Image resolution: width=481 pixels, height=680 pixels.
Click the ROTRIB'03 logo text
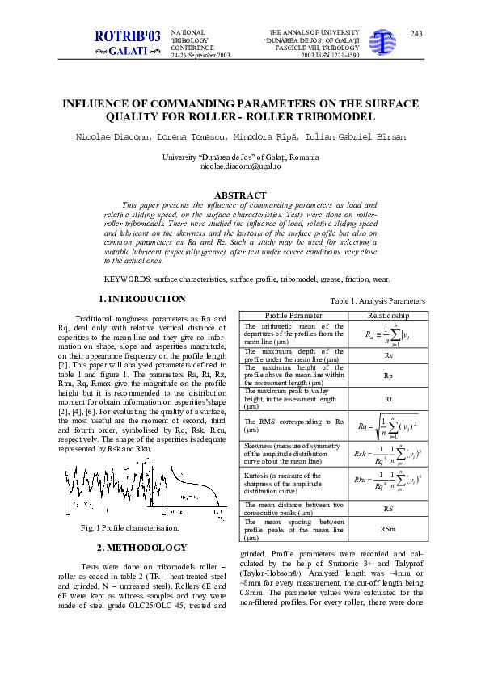pos(128,36)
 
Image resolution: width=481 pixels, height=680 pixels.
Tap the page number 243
pos(416,33)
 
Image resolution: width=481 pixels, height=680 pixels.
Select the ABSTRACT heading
pos(240,195)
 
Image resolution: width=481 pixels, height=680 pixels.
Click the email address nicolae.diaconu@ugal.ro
pos(240,166)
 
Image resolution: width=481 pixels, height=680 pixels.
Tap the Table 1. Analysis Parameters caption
pos(377,301)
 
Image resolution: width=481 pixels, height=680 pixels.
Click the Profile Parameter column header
pos(294,315)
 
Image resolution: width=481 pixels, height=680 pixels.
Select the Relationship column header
pos(389,315)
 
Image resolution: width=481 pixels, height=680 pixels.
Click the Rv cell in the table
pos(389,355)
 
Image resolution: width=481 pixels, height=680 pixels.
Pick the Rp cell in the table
pos(389,376)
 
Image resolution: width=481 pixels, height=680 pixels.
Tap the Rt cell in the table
pos(389,399)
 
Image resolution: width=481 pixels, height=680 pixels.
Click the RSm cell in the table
pos(389,529)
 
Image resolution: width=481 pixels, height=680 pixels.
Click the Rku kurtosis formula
pos(389,483)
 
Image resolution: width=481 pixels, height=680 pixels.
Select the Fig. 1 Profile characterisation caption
pos(130,527)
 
